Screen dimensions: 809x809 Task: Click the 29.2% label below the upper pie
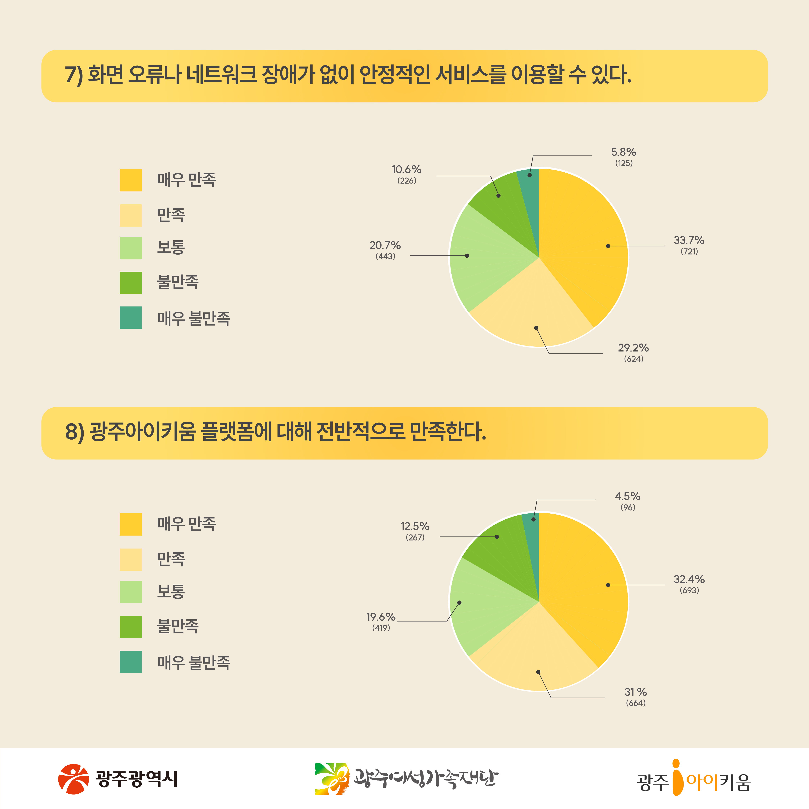coord(633,348)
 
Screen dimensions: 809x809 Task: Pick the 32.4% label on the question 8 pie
coord(689,580)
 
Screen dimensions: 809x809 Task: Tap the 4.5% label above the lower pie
coord(627,497)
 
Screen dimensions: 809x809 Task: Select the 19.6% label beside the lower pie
coord(381,617)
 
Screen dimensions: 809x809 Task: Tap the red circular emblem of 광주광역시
coord(73,779)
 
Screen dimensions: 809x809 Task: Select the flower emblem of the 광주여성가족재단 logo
coord(332,779)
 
